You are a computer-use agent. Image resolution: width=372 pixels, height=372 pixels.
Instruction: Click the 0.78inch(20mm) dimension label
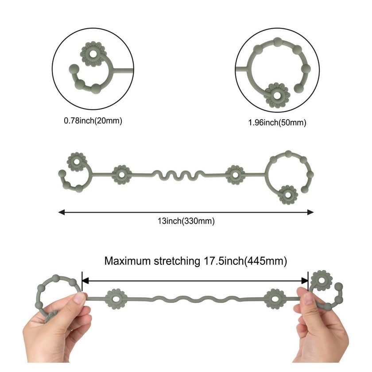pos(93,121)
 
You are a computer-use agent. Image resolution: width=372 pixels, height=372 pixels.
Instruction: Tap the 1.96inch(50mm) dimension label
pos(277,123)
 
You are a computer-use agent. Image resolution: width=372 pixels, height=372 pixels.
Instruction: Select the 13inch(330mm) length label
pos(186,221)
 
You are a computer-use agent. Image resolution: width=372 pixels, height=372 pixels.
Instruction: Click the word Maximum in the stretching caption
pos(128,261)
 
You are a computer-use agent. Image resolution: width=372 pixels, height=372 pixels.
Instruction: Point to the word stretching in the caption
pos(177,261)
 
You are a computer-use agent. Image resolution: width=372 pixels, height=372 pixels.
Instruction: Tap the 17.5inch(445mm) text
pos(245,261)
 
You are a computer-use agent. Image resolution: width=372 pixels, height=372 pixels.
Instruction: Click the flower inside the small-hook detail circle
pos(93,54)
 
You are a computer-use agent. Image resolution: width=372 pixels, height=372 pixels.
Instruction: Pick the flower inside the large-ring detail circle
pos(277,95)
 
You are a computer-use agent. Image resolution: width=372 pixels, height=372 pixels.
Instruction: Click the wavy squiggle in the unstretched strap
pos(178,175)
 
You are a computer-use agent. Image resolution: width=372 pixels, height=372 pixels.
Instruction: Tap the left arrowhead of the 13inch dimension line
pos(62,212)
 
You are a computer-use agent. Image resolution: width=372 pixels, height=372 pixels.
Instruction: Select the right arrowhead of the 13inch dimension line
pos(310,212)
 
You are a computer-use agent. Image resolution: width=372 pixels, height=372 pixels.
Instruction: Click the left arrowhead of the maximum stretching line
pos(85,281)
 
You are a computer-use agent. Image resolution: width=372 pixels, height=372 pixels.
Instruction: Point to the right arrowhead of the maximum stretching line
pos(304,281)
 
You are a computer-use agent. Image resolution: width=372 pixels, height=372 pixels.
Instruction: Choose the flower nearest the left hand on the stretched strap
pos(116,299)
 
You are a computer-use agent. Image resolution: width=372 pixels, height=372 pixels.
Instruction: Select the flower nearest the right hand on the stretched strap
pos(275,299)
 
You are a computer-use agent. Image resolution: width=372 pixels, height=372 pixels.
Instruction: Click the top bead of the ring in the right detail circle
pos(277,42)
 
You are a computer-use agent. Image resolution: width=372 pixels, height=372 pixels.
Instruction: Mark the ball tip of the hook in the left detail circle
pos(74,69)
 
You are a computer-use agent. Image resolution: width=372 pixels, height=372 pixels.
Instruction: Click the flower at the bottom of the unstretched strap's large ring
pos(288,195)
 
